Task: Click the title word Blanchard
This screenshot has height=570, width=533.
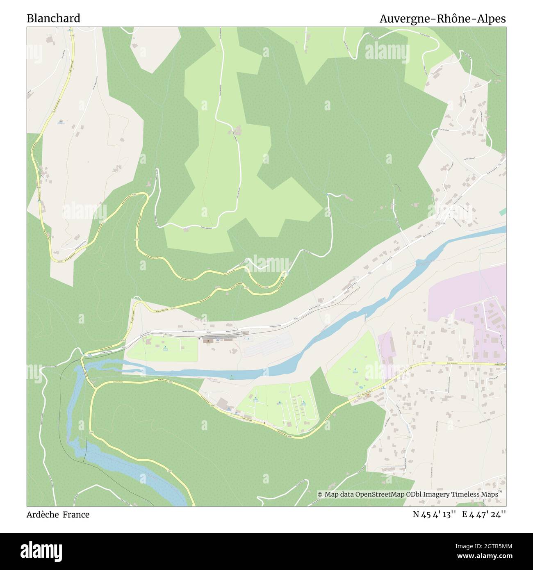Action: click(53, 18)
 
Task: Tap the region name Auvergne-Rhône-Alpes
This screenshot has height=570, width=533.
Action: click(442, 19)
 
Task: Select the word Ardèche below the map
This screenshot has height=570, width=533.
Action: click(43, 515)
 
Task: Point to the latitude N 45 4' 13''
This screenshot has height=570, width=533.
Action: click(435, 515)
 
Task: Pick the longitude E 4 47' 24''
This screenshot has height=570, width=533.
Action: click(484, 515)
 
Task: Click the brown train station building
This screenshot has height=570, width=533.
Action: click(208, 340)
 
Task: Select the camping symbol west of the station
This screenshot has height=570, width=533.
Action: click(165, 348)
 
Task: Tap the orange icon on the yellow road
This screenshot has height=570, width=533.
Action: click(368, 395)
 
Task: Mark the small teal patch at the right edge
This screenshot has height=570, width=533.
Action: click(503, 211)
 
